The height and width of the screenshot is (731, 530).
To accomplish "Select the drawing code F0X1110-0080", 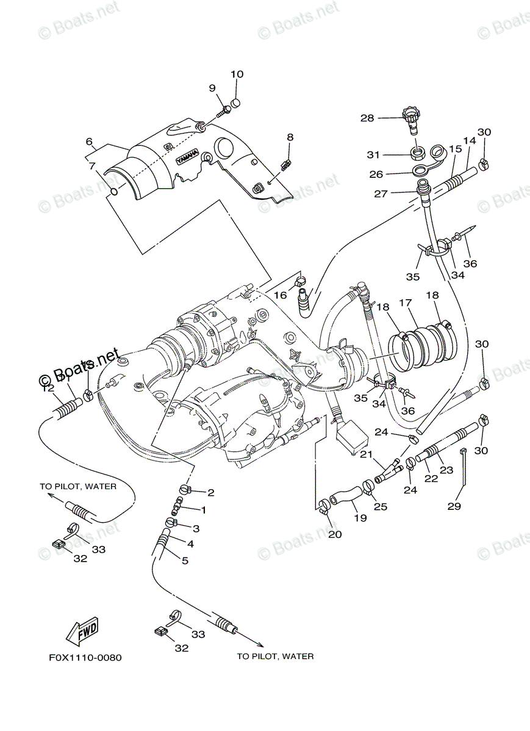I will tap(85, 658).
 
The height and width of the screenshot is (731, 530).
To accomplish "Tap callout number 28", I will tap(367, 118).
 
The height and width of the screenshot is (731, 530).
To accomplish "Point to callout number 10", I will tap(237, 74).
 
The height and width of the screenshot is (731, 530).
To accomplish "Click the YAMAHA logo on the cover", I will tap(188, 157).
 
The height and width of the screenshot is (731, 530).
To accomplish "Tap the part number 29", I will tap(454, 506).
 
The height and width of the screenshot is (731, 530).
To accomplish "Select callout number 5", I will tap(185, 560).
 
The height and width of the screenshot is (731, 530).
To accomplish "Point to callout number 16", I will tap(279, 295).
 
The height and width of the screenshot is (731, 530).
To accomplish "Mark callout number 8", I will tap(290, 137).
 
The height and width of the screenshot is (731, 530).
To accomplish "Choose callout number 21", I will tap(365, 454).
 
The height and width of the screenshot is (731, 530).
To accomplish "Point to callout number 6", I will tap(89, 142).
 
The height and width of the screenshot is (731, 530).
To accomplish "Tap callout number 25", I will tap(381, 507).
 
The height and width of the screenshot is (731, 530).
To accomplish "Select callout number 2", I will tap(210, 492).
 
